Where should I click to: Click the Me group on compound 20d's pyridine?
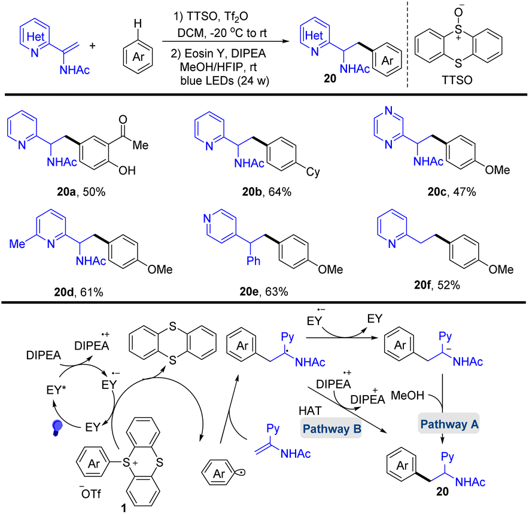point(16,243)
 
